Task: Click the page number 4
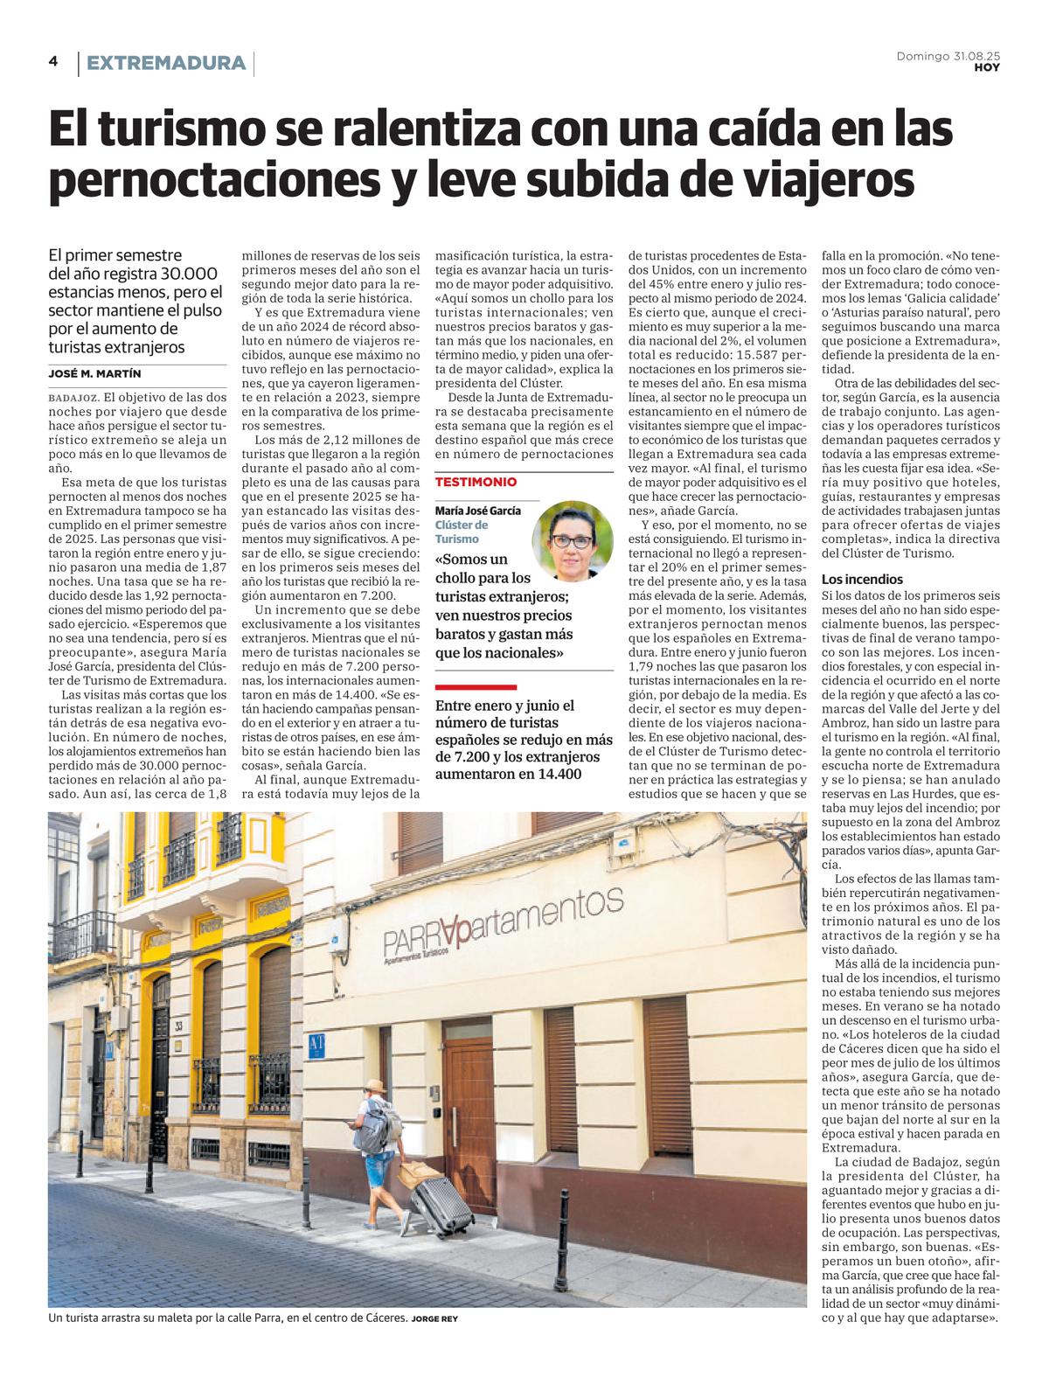point(53,61)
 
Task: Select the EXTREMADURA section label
point(166,63)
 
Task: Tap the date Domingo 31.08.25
point(948,56)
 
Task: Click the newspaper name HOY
point(987,68)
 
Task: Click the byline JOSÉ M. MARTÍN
point(94,373)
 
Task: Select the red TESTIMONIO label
point(476,482)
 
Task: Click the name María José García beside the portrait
point(477,511)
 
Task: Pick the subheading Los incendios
point(862,580)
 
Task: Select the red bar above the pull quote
point(476,686)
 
